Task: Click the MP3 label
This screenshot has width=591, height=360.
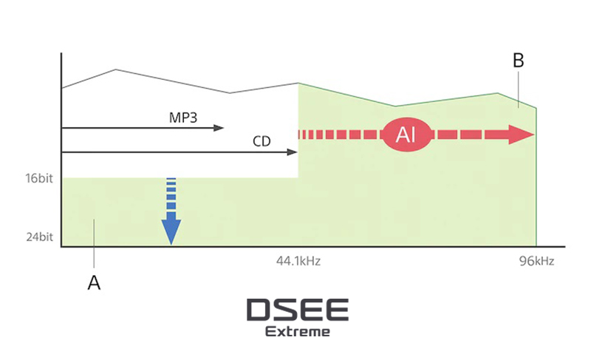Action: tap(183, 117)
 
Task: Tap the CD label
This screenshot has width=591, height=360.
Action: tap(262, 140)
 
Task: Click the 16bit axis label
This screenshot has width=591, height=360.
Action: tap(39, 178)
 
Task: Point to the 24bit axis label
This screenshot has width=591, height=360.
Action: tap(39, 239)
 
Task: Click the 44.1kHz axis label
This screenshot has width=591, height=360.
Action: tap(298, 261)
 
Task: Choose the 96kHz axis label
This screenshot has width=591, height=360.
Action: tap(536, 261)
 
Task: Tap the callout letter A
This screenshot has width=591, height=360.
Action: tap(94, 282)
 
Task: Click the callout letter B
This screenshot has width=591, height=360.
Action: tap(518, 61)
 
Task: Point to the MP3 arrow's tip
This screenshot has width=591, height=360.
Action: tap(222, 128)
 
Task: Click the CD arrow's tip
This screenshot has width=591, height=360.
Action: tap(295, 152)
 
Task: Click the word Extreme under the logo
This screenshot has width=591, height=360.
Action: tap(298, 331)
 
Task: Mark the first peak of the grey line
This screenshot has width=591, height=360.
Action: tap(116, 69)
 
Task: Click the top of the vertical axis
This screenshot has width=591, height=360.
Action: tap(61, 54)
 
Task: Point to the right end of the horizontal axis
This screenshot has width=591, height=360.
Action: tap(564, 247)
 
